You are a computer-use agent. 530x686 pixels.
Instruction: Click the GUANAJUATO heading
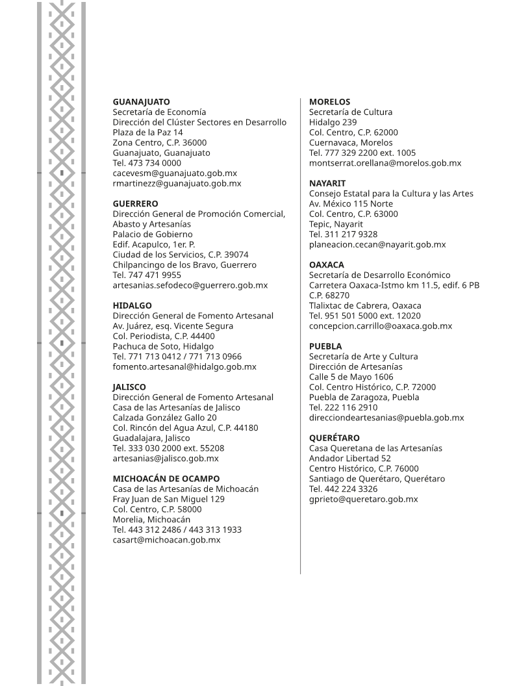tap(141, 102)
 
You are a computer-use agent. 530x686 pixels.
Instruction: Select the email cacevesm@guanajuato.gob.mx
tap(175, 173)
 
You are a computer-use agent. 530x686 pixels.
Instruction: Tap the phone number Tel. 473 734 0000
tap(147, 163)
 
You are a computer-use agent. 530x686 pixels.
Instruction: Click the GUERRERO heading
tap(135, 204)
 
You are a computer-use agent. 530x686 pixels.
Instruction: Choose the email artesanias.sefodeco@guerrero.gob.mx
tap(190, 285)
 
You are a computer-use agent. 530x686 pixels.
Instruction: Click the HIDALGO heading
tap(132, 305)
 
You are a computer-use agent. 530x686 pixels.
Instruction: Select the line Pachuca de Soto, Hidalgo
tap(163, 346)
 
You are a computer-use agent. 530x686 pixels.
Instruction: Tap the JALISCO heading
tap(129, 387)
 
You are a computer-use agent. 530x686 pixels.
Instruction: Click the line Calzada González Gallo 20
tap(165, 418)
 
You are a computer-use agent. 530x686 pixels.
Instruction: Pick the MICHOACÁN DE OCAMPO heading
tap(166, 479)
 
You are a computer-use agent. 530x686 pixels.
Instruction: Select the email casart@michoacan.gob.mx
tap(166, 540)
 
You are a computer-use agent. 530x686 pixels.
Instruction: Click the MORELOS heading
tap(329, 102)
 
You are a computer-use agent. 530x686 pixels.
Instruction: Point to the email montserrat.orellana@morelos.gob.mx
tap(385, 163)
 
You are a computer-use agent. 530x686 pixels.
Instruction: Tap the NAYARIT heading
tap(327, 184)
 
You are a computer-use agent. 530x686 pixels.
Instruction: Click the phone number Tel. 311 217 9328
tap(343, 235)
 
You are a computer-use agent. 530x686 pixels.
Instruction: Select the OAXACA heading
tap(327, 265)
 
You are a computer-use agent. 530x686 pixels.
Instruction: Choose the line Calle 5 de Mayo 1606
tap(351, 377)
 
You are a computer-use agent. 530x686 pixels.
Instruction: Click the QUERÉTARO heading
tap(334, 438)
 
